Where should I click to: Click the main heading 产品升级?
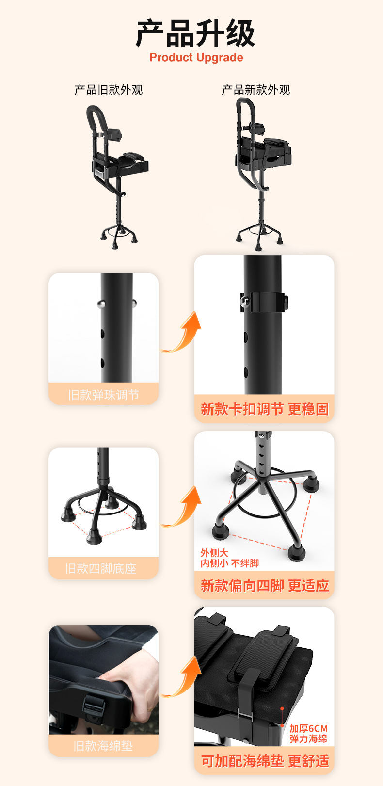195,33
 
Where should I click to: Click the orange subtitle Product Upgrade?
196,57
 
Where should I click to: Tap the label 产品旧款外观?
109,90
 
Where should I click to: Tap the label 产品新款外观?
255,90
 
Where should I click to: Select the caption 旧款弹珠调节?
104,395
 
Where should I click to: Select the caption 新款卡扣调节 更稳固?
265,409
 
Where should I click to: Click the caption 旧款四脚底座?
101,568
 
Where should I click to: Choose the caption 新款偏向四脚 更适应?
265,586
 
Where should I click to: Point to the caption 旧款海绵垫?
103,746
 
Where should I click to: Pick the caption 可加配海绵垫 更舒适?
265,761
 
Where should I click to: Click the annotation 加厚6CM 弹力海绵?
308,734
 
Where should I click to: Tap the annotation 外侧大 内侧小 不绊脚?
229,558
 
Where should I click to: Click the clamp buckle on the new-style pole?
264,302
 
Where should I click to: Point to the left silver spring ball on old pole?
101,304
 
